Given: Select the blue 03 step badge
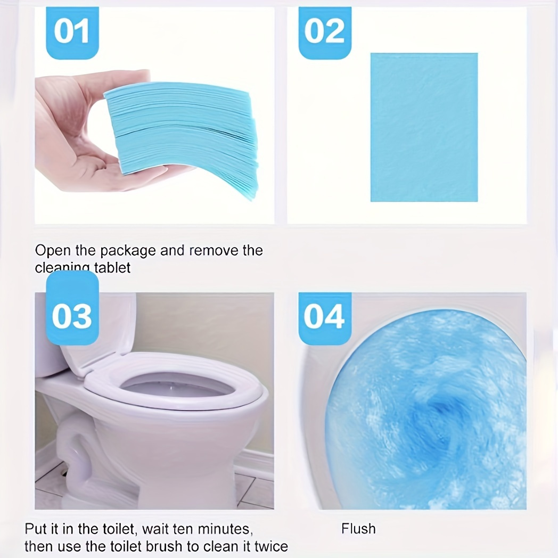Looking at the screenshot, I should [x=72, y=316].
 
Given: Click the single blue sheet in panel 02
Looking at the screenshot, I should [x=424, y=127].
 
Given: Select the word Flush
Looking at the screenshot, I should [x=358, y=529].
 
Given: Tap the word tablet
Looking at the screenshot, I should [x=112, y=267].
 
